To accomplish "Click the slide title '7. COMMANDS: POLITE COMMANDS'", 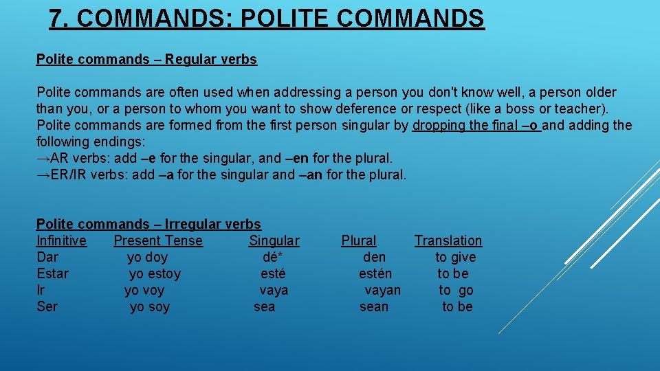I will click(x=267, y=19).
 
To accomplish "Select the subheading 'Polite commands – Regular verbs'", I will click(x=146, y=59).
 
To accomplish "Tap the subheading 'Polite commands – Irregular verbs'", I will click(x=148, y=224).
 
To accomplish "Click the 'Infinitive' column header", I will click(x=61, y=240).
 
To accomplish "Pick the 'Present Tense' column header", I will click(x=158, y=240).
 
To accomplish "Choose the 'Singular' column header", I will click(x=274, y=240).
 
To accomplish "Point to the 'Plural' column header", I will click(x=358, y=240).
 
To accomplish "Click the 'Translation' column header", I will click(x=448, y=240).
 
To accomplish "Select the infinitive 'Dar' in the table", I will click(x=47, y=257).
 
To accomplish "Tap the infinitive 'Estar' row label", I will click(x=52, y=273).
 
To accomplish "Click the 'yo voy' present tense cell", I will click(x=144, y=290).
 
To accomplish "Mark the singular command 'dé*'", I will click(x=272, y=257).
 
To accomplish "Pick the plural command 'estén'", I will click(x=375, y=273).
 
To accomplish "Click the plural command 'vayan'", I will click(x=382, y=290).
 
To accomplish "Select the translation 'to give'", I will click(x=455, y=257).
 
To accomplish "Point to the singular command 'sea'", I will click(x=264, y=306).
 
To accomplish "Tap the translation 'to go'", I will click(x=456, y=290).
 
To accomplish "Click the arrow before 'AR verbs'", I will click(x=43, y=158).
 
